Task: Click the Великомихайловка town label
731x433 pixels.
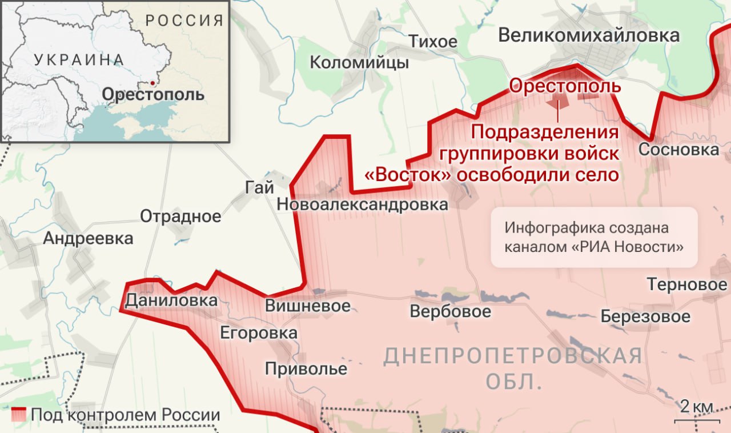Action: click(589, 35)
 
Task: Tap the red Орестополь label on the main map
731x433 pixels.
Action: click(565, 86)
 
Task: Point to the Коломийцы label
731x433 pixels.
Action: click(359, 62)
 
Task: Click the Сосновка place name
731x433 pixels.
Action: click(678, 150)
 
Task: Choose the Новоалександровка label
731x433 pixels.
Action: click(362, 205)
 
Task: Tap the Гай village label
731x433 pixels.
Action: click(260, 187)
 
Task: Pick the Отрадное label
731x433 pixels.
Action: click(180, 216)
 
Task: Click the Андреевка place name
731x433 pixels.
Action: click(88, 238)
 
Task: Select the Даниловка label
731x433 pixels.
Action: click(171, 300)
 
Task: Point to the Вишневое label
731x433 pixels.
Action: click(307, 306)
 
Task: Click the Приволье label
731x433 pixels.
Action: click(306, 368)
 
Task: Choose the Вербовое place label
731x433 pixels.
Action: click(450, 311)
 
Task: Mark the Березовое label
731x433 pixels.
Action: click(645, 316)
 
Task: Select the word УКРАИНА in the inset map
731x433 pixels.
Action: click(79, 59)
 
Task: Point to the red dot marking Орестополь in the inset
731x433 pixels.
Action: click(152, 83)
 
